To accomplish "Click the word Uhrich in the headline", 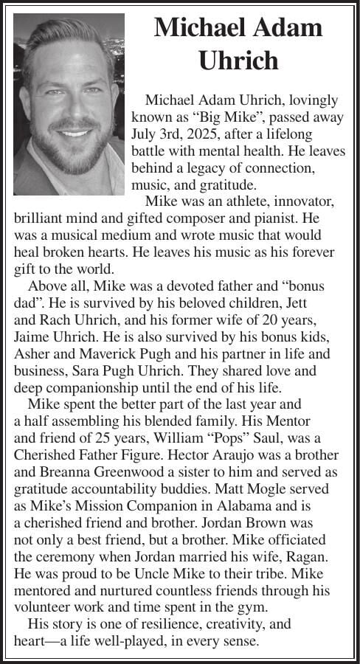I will tap(238, 60).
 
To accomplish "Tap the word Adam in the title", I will tap(284, 27).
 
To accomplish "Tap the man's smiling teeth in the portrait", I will tap(74, 133).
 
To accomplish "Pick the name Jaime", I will tap(35, 336).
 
